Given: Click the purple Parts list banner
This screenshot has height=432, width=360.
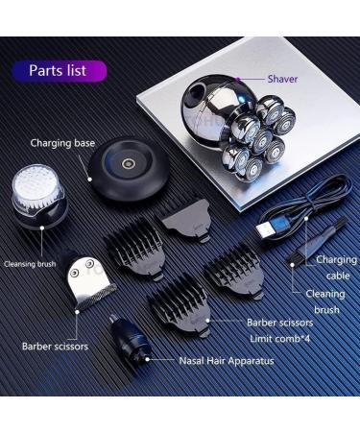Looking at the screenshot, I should click(x=60, y=71).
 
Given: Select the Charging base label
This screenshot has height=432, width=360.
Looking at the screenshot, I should click(x=62, y=143).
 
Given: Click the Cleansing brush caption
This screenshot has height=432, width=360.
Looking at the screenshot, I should click(x=35, y=262).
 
